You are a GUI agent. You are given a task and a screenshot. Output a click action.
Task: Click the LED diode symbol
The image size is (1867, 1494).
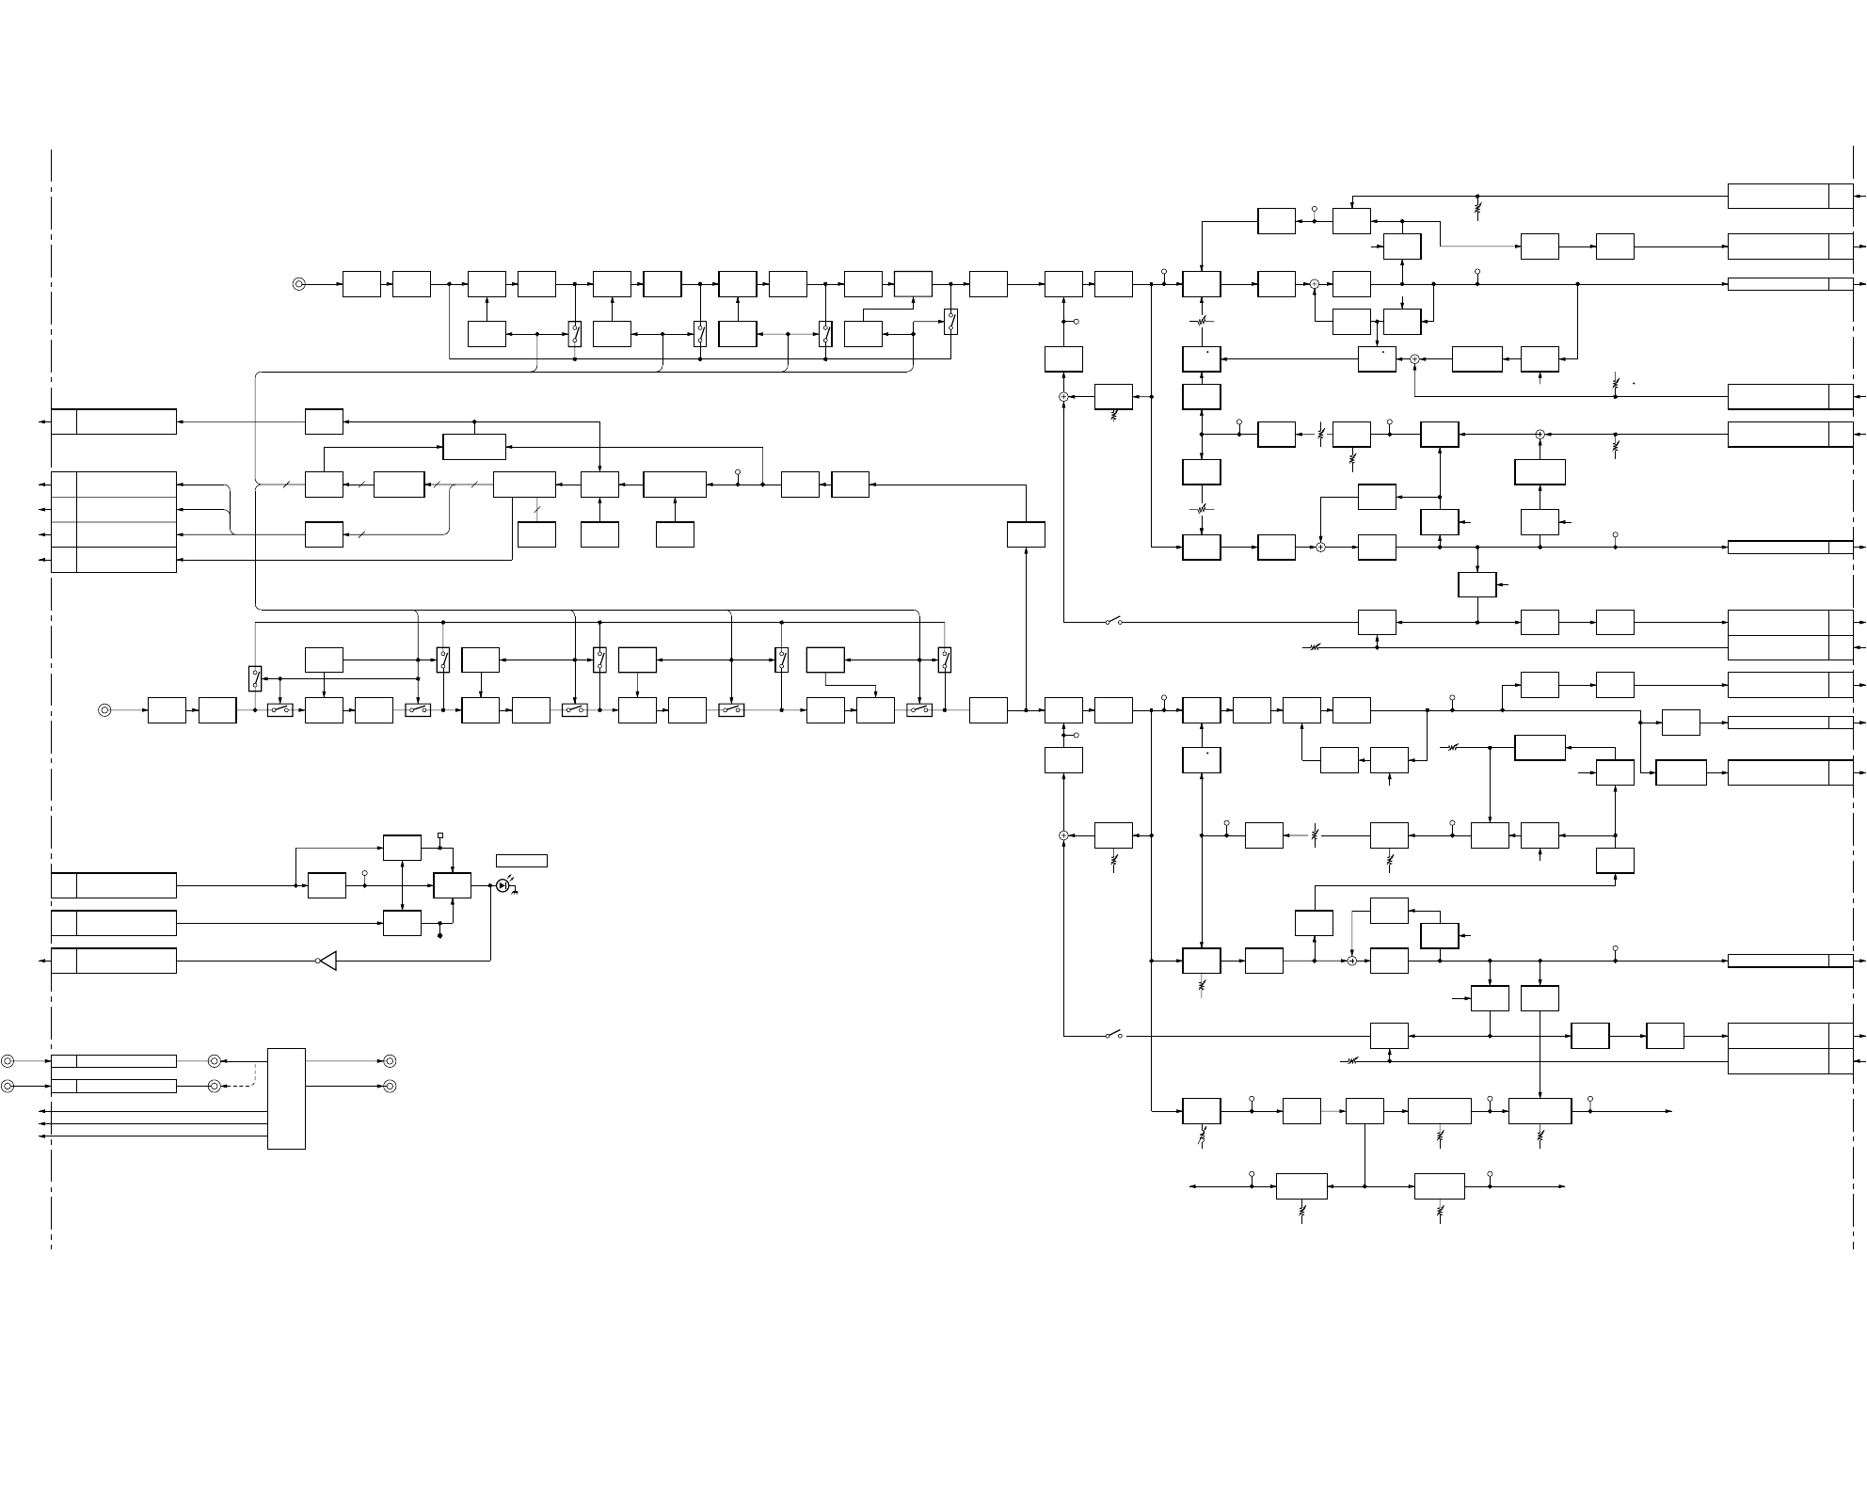pos(503,885)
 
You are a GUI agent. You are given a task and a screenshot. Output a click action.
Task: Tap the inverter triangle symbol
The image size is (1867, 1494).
pos(327,961)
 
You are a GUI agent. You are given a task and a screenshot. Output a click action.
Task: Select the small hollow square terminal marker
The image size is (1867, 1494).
pos(440,835)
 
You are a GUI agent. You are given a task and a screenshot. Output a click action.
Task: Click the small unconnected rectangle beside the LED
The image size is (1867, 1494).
pos(521,861)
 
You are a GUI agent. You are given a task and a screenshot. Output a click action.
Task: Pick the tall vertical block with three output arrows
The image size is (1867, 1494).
pos(286,1098)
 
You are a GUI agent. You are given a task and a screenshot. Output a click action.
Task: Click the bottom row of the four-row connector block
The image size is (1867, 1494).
pos(114,560)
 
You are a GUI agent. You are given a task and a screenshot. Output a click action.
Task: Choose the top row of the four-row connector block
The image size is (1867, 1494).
pos(114,485)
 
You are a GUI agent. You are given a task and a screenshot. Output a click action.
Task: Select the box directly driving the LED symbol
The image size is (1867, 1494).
pos(452,885)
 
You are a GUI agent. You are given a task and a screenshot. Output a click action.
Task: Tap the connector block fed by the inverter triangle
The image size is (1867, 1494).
pos(114,961)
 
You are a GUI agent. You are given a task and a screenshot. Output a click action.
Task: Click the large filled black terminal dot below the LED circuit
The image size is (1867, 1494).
pos(440,936)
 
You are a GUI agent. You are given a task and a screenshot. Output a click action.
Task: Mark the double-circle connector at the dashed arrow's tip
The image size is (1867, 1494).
pos(215,1086)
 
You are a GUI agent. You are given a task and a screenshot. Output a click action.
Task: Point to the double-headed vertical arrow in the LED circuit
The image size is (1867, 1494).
pos(402,885)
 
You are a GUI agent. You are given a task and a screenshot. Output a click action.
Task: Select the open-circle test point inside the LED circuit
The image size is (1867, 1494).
pos(365,874)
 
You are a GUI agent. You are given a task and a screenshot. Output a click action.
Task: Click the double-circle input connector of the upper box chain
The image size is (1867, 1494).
pos(299,283)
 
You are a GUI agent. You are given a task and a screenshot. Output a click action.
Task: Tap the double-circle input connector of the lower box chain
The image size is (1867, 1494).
pos(104,710)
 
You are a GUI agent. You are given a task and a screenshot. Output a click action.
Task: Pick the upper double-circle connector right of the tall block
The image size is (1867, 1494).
pos(390,1061)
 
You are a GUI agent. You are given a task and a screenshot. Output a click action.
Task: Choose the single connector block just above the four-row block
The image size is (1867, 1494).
pos(114,421)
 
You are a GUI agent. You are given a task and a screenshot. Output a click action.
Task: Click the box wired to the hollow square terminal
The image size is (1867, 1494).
pos(402,847)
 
